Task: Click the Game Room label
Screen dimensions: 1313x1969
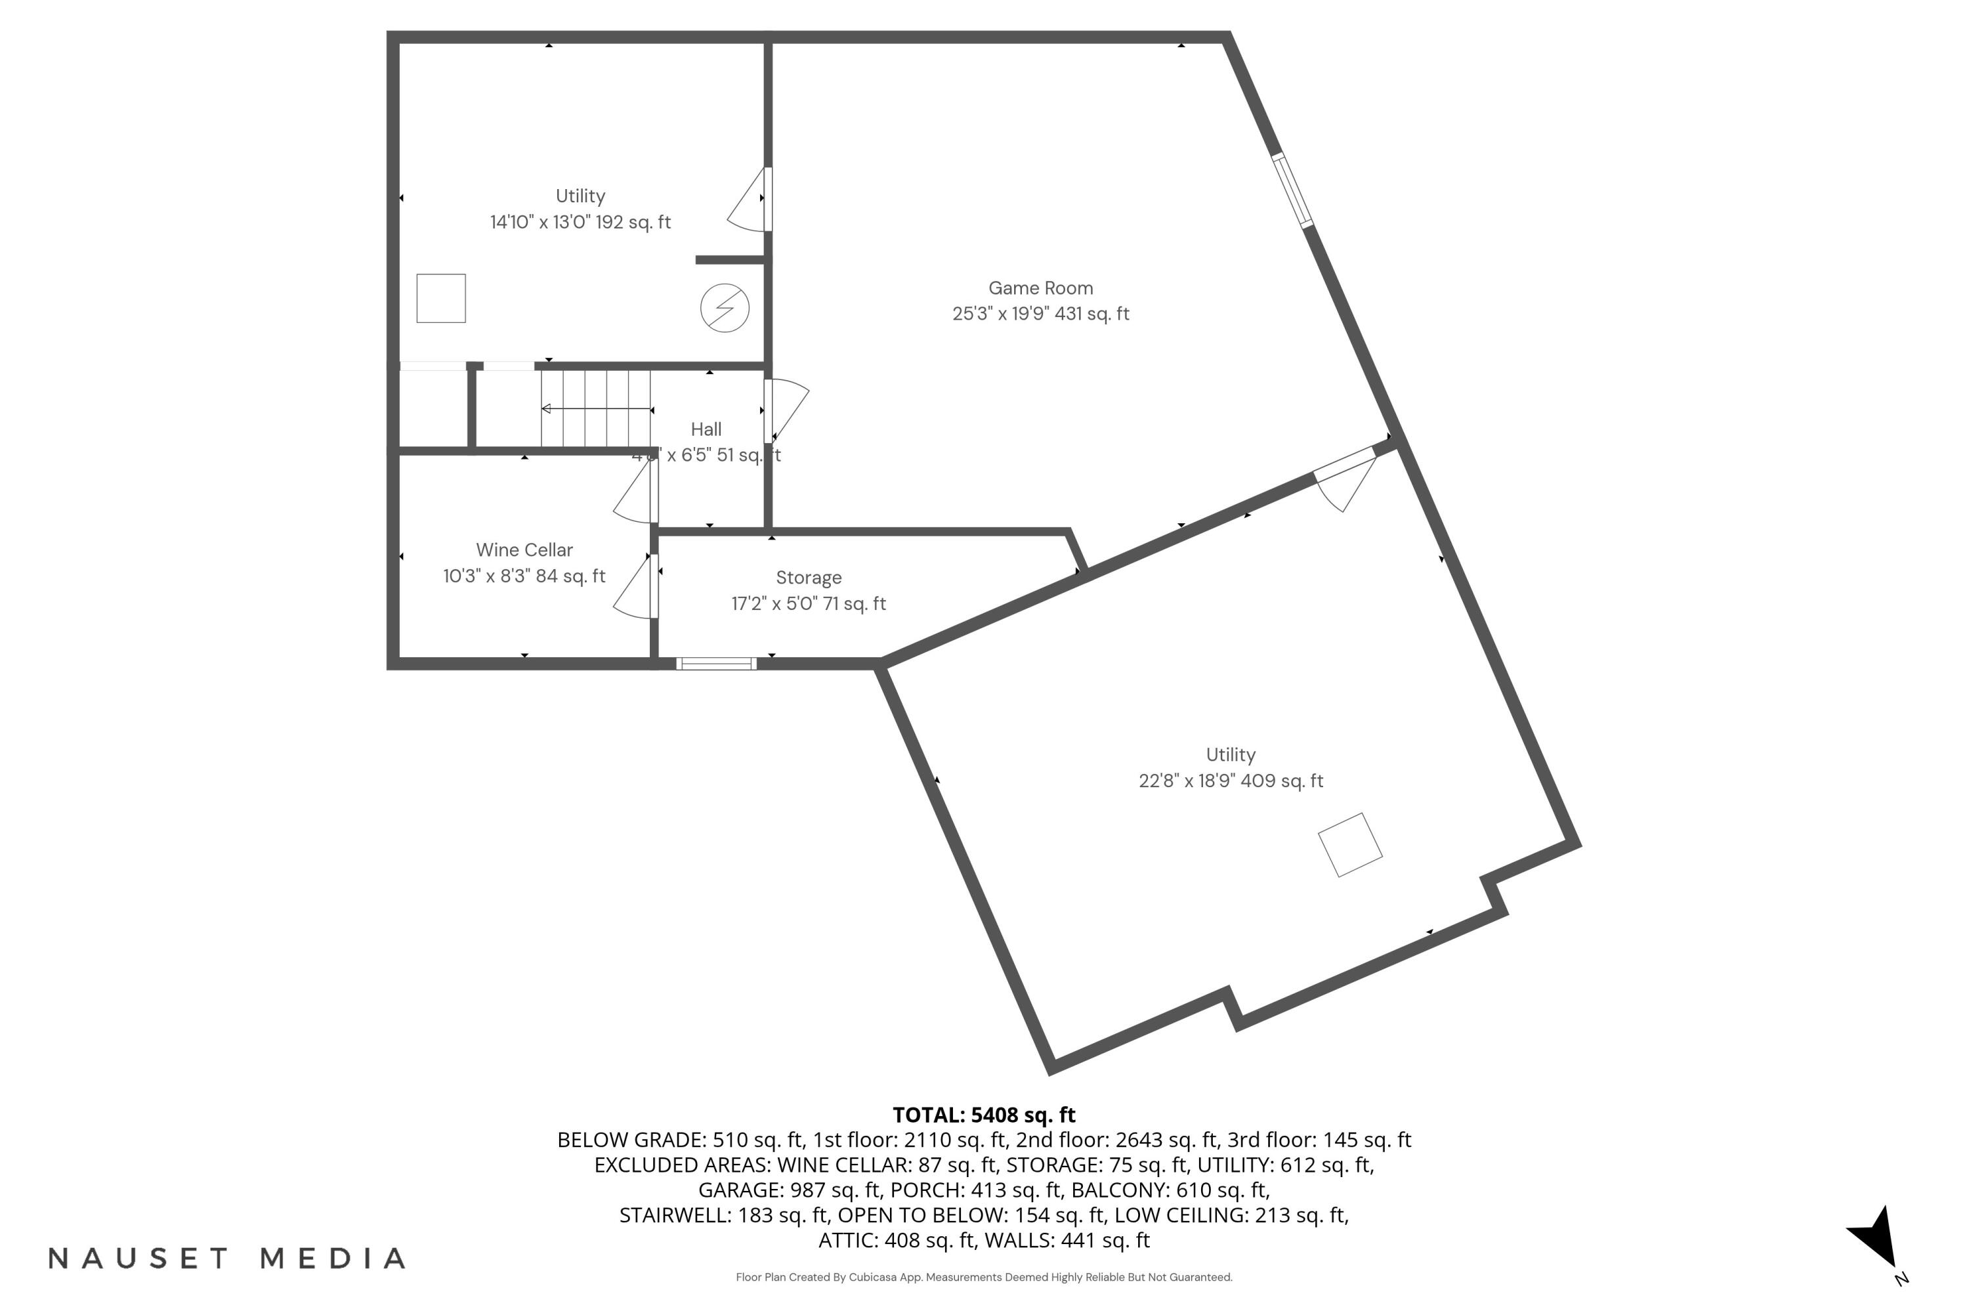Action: click(1040, 288)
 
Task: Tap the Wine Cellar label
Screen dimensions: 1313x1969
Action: click(524, 550)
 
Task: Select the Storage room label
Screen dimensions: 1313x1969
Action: click(808, 578)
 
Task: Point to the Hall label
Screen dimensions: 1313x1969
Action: click(706, 429)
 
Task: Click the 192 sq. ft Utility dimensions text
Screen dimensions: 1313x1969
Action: click(580, 223)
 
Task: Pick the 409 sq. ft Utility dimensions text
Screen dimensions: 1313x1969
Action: click(1230, 781)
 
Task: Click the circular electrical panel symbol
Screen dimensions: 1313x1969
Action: click(724, 308)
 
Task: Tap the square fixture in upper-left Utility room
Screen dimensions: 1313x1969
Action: click(441, 298)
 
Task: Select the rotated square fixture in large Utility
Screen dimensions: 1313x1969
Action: click(1349, 845)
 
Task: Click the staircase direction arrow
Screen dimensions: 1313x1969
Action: click(596, 410)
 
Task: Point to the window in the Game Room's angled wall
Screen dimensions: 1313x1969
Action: click(1292, 190)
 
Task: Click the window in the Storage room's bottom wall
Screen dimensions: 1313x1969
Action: click(716, 664)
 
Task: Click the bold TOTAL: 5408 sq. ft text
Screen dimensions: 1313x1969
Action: click(984, 1115)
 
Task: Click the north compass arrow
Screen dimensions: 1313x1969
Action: click(1878, 1238)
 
